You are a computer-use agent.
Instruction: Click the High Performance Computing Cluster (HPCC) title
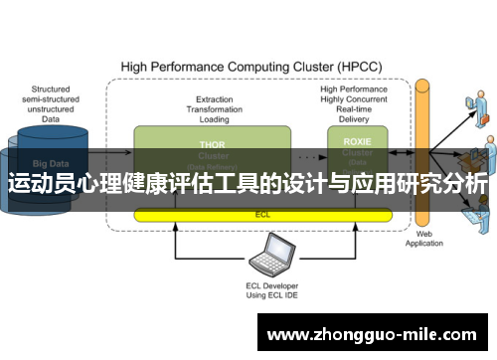[x=250, y=67]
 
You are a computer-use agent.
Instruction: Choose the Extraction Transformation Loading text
[x=215, y=107]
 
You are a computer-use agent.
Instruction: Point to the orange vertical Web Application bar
[x=421, y=149]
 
